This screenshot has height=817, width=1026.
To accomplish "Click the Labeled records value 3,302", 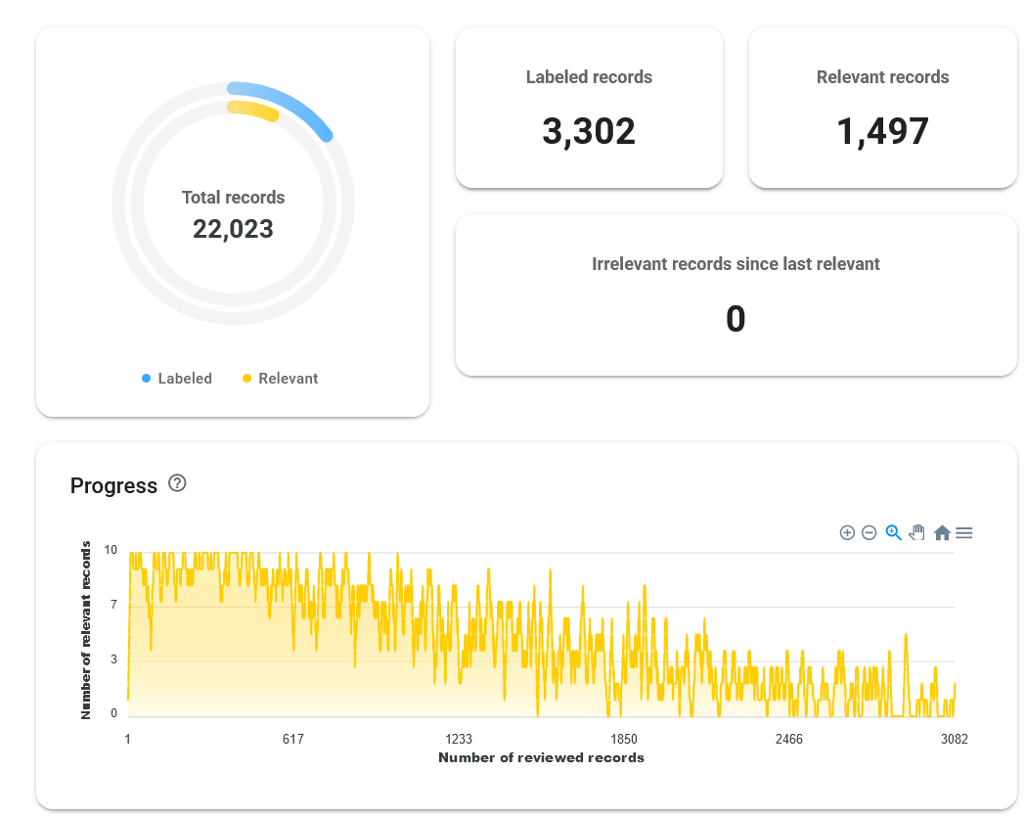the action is (x=588, y=131).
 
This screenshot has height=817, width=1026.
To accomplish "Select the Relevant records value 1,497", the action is (x=882, y=131).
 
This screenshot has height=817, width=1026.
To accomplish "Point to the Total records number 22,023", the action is (x=233, y=229).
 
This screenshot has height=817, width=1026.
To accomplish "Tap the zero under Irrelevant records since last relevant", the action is (x=736, y=319).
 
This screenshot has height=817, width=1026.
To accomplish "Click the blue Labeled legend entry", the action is (x=177, y=379).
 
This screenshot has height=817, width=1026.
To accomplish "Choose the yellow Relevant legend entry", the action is (x=280, y=379).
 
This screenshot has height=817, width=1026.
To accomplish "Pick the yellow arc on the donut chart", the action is (x=255, y=108).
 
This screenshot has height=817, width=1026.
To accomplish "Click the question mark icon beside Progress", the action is (x=177, y=483).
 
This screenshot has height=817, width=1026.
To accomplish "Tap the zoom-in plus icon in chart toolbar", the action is (x=847, y=533).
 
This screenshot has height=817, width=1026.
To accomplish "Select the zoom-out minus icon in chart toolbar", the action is (x=869, y=533).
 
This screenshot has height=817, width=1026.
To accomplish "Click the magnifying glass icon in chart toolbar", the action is (x=893, y=533).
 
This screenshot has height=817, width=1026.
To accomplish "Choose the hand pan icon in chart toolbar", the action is (x=917, y=533).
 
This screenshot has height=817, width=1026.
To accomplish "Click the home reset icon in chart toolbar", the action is (x=942, y=533).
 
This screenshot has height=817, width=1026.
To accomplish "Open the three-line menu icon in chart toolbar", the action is (x=963, y=533).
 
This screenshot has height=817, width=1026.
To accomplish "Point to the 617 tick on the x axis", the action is (x=293, y=739).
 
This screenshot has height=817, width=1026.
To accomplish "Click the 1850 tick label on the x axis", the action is (x=624, y=739).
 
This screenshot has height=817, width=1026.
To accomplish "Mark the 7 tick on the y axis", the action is (x=113, y=605).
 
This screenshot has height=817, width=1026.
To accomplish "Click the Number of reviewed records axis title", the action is (x=541, y=757).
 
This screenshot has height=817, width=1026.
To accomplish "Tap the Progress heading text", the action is (x=113, y=485).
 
